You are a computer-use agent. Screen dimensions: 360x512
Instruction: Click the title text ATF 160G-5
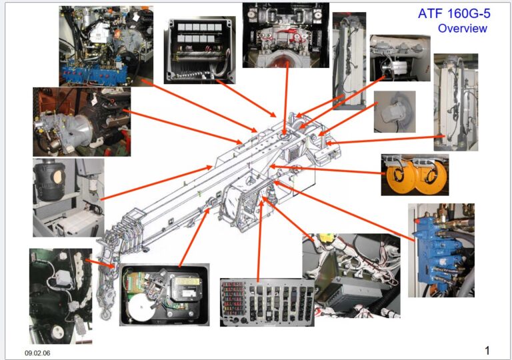point(453,13)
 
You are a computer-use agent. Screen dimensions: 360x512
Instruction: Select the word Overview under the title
point(462,29)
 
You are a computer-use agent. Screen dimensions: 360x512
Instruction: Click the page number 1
point(487,351)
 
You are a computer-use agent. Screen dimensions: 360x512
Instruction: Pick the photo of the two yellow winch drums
point(414,175)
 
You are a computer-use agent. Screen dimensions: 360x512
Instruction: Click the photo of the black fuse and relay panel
point(267,302)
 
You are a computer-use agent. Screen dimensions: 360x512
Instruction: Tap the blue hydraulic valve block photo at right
point(441,250)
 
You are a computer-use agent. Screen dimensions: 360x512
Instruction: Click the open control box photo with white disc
point(164,294)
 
